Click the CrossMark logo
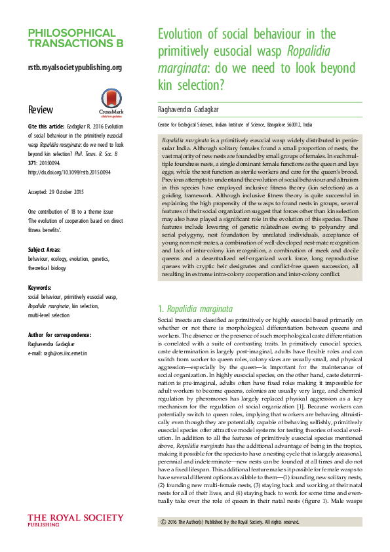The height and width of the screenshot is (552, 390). (110, 101)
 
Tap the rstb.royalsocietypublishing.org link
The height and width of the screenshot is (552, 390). (75, 68)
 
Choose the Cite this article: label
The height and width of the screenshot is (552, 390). (46, 126)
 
